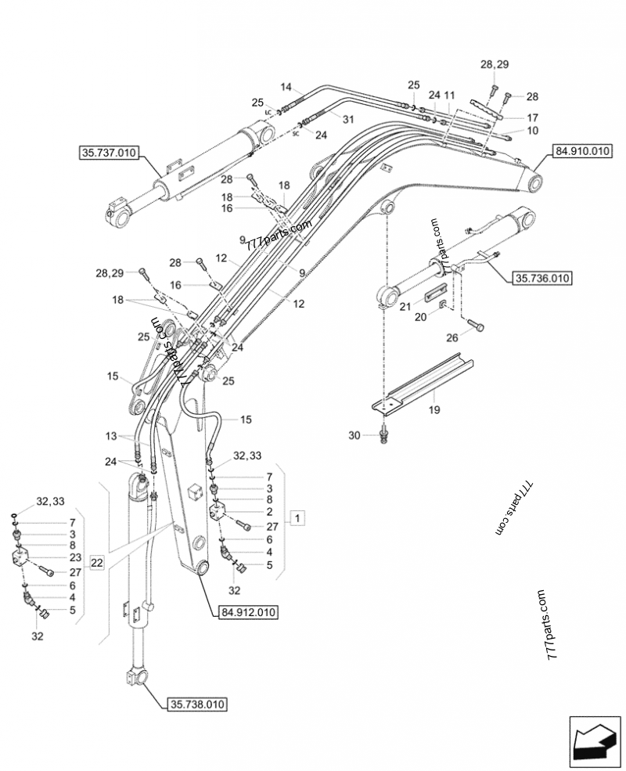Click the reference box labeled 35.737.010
109,153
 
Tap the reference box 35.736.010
541,277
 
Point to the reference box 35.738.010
196,704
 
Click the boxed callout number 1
299,517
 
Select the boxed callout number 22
95,563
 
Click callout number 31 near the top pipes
347,119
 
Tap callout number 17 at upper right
531,117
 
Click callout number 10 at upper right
531,130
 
